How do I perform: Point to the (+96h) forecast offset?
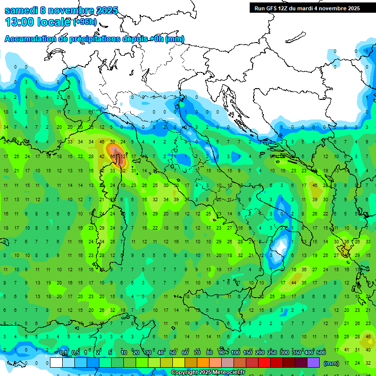(85, 22)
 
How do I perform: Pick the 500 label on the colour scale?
(321, 353)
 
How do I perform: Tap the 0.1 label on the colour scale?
(63, 353)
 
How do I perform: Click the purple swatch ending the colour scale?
(313, 362)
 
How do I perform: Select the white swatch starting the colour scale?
(56, 362)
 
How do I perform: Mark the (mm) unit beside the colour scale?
(331, 363)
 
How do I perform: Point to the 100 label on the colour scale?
(235, 353)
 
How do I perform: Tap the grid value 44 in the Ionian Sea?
(294, 282)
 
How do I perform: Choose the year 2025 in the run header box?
(351, 8)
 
